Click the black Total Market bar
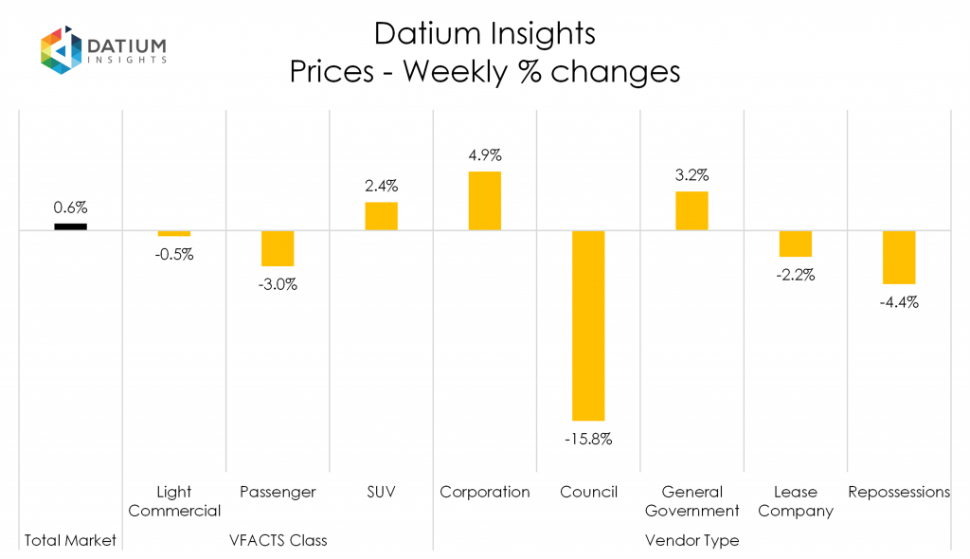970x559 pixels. pos(70,226)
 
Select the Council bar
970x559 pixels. pos(588,325)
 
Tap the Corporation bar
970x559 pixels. pos(485,201)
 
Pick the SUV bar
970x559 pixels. pos(381,216)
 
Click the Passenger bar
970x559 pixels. pos(278,248)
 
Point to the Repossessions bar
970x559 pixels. pos(899,257)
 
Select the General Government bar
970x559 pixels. pos(692,210)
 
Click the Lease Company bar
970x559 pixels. pos(796,243)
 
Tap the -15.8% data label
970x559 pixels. pos(588,440)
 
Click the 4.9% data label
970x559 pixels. pos(485,153)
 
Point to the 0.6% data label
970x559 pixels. pos(70,207)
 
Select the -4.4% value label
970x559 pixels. pos(899,303)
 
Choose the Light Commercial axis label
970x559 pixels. pos(174,501)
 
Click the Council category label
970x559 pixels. pos(588,492)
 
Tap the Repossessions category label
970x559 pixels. pos(899,492)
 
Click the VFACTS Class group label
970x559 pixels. pos(278,540)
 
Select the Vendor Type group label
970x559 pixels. pos(692,540)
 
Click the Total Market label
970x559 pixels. pos(70,540)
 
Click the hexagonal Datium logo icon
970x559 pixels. pos(60,49)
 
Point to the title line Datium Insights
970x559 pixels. pos(485,34)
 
